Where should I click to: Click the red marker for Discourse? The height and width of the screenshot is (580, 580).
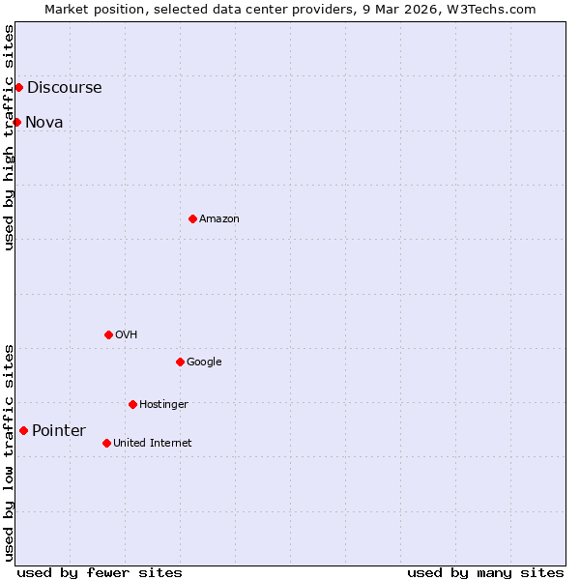click(18, 88)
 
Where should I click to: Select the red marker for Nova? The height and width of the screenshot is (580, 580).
click(16, 122)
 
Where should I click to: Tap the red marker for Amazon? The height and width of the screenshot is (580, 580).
click(192, 218)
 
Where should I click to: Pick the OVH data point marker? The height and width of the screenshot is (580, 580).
click(108, 334)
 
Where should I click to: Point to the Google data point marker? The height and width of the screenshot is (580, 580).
click(180, 362)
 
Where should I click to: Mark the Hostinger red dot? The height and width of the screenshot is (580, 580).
click(132, 404)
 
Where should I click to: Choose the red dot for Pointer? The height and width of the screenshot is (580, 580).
click(23, 430)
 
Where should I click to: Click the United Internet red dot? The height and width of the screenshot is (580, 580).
click(106, 443)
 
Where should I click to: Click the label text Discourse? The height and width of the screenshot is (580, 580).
click(64, 88)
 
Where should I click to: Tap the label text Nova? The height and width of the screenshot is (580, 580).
click(44, 122)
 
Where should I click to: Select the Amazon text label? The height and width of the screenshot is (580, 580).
click(219, 218)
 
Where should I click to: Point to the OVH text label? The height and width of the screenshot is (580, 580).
click(127, 334)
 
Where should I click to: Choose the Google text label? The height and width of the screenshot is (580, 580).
click(204, 362)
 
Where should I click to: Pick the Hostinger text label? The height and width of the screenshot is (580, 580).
click(163, 404)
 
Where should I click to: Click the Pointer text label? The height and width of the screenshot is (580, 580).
click(59, 430)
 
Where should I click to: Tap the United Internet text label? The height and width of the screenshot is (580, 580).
click(153, 443)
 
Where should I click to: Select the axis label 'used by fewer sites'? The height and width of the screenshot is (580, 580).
click(100, 572)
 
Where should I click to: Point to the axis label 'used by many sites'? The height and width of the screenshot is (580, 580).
click(485, 572)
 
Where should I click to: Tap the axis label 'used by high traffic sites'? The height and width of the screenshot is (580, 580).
click(9, 137)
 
